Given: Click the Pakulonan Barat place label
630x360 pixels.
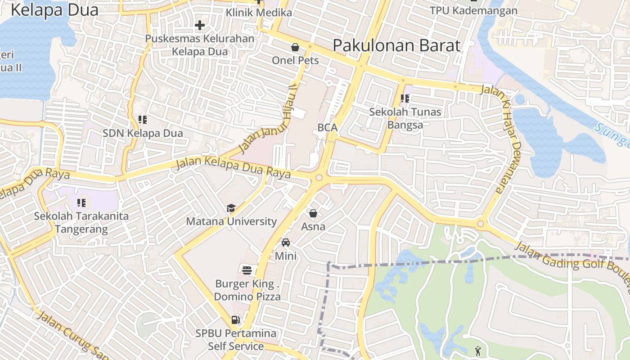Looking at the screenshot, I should (396, 45).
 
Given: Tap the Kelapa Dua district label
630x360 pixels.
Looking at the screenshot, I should (54, 10).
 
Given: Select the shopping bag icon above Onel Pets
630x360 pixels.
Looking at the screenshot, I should (295, 47).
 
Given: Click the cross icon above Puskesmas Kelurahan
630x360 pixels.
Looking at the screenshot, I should (200, 26).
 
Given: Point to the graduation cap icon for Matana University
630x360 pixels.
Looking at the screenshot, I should (231, 208).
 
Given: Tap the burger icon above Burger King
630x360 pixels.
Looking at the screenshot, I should (247, 270).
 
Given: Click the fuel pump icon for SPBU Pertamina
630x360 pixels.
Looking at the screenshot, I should (235, 320).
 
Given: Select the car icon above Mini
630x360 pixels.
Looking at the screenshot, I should (285, 243).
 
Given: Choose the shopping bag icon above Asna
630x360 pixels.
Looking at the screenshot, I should (313, 213).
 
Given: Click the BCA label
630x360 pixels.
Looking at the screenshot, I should (327, 127).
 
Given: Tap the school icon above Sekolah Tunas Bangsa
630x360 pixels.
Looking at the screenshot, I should (405, 98).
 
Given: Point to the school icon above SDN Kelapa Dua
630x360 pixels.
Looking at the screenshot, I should (143, 120).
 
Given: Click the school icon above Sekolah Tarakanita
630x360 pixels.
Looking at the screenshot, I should (81, 203).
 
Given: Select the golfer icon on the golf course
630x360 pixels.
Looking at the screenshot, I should (477, 351).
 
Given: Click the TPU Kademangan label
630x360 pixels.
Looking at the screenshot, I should (473, 10).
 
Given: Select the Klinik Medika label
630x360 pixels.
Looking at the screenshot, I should (259, 13).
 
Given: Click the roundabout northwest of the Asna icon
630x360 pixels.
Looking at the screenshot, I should (319, 178).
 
